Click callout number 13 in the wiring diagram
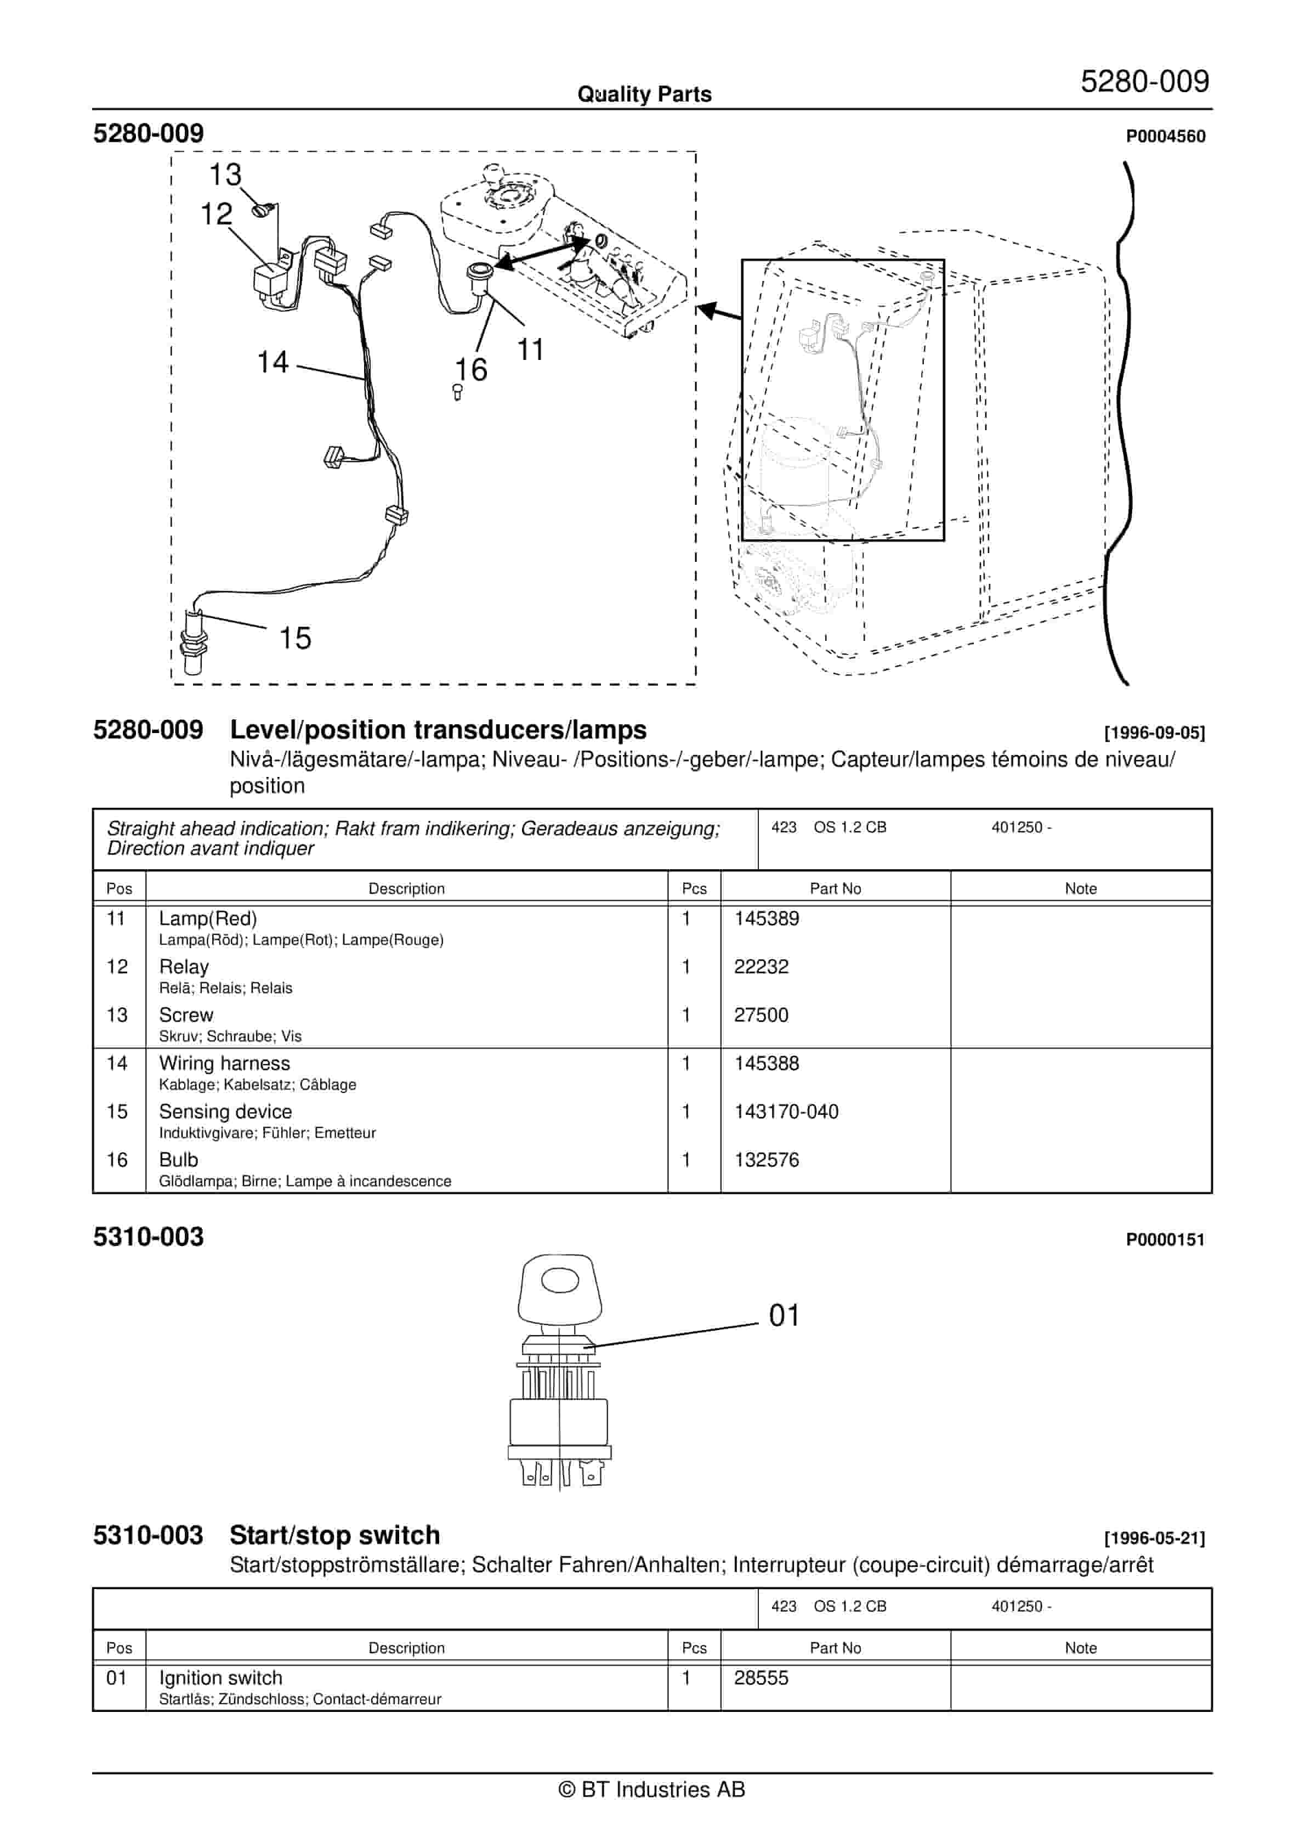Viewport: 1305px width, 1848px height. coord(225,174)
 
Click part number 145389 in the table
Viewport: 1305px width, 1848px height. coord(766,919)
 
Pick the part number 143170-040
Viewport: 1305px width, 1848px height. coord(785,1112)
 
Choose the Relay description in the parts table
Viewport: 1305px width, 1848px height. coord(184,967)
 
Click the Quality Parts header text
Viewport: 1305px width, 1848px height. coord(644,94)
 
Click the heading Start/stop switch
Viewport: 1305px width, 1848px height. coord(334,1536)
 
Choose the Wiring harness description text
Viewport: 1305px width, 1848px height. coord(224,1063)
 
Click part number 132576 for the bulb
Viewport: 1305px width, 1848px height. coord(766,1160)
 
